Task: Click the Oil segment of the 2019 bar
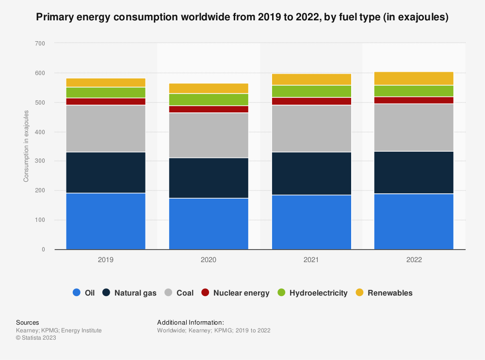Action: (106, 221)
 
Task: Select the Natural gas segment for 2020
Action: (209, 178)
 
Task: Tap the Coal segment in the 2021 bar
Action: (311, 128)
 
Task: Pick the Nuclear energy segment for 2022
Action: (414, 100)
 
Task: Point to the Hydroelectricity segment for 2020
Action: (209, 99)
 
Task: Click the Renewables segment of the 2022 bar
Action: (414, 78)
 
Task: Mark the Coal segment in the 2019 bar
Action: (106, 128)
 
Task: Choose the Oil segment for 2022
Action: (414, 221)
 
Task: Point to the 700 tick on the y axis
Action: (40, 44)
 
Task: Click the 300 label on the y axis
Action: (40, 161)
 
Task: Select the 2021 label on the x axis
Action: (311, 260)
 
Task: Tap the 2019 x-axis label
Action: (106, 260)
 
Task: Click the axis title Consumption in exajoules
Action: (26, 146)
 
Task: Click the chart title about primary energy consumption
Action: (242, 17)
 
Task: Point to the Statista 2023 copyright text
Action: (36, 338)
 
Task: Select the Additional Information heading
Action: (190, 322)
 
